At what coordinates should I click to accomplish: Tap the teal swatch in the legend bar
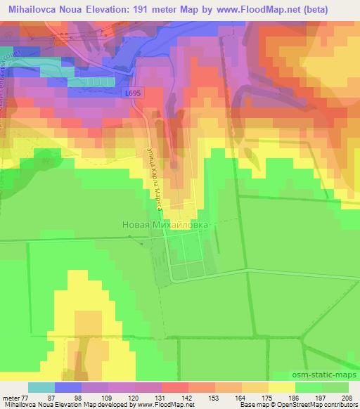point(41,387)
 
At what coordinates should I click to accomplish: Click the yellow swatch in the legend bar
point(281,387)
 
